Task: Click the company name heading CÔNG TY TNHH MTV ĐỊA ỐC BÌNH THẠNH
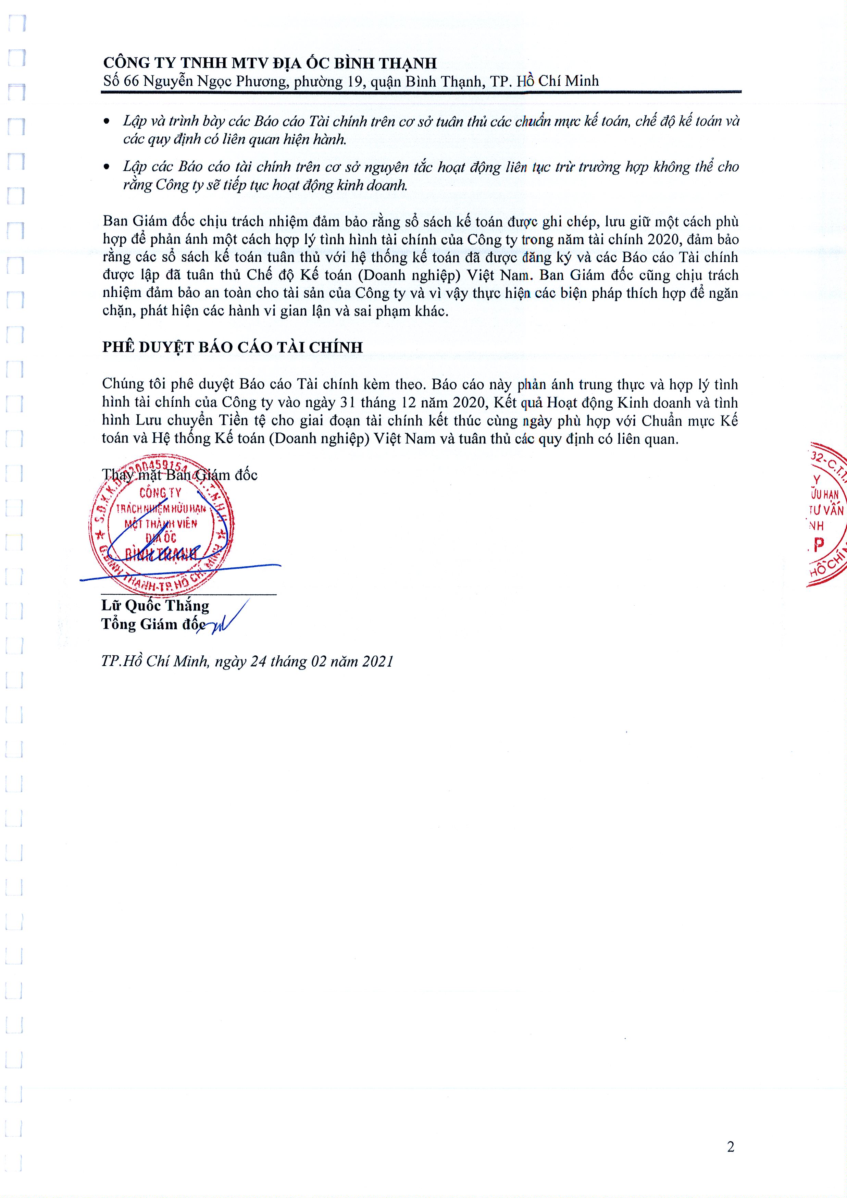coord(270,63)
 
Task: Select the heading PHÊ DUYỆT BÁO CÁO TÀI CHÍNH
coord(232,347)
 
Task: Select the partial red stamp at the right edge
coord(827,514)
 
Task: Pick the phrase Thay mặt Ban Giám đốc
coord(179,475)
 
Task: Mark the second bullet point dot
coord(107,167)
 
